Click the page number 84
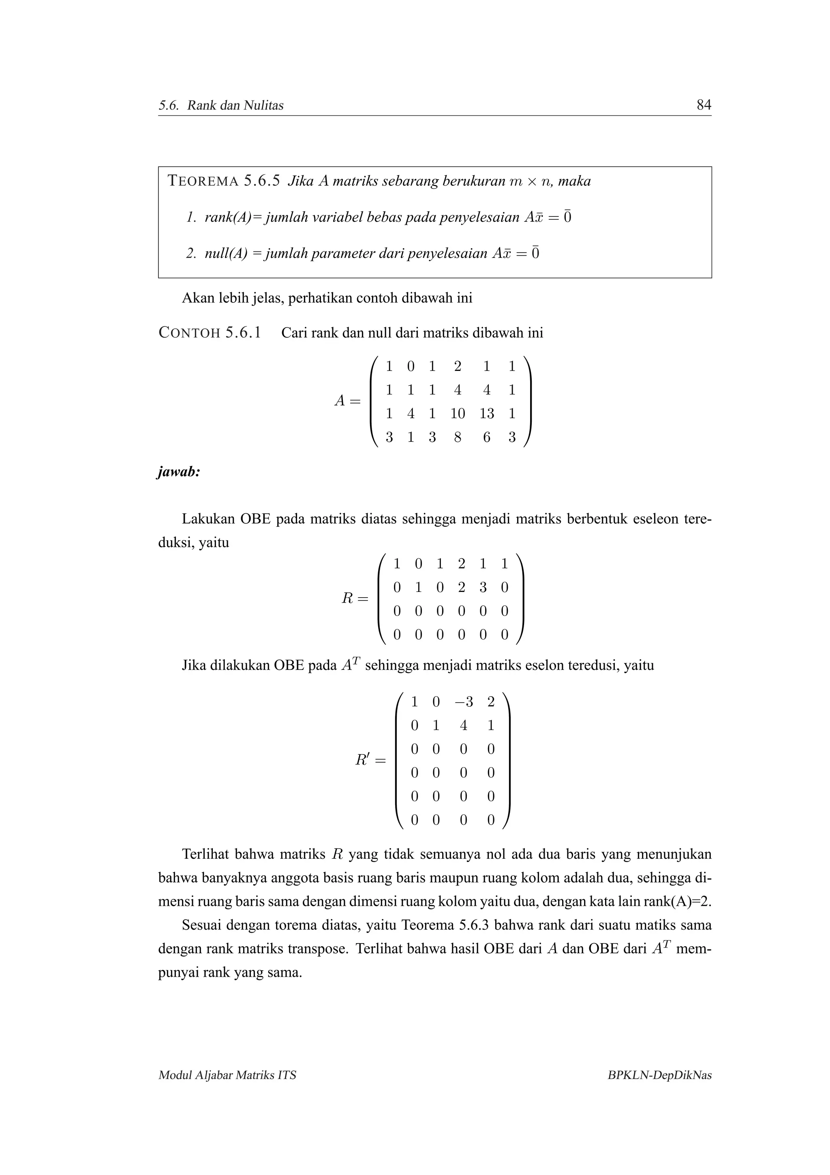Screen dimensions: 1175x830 pyautogui.click(x=704, y=105)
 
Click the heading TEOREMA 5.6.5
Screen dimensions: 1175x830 pyautogui.click(x=224, y=181)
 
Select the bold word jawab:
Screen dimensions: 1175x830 pyautogui.click(x=178, y=472)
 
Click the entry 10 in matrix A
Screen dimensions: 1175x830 pyautogui.click(x=457, y=414)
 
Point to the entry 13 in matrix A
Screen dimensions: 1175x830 pyautogui.click(x=486, y=414)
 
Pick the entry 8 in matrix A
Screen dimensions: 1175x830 pyautogui.click(x=457, y=437)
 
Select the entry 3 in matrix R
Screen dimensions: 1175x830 pyautogui.click(x=483, y=587)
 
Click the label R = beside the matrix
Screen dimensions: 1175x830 pyautogui.click(x=354, y=598)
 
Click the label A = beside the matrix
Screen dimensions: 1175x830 pyautogui.click(x=347, y=401)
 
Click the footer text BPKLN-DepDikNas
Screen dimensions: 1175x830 pyautogui.click(x=659, y=1075)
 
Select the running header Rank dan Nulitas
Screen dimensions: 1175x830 pyautogui.click(x=235, y=105)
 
